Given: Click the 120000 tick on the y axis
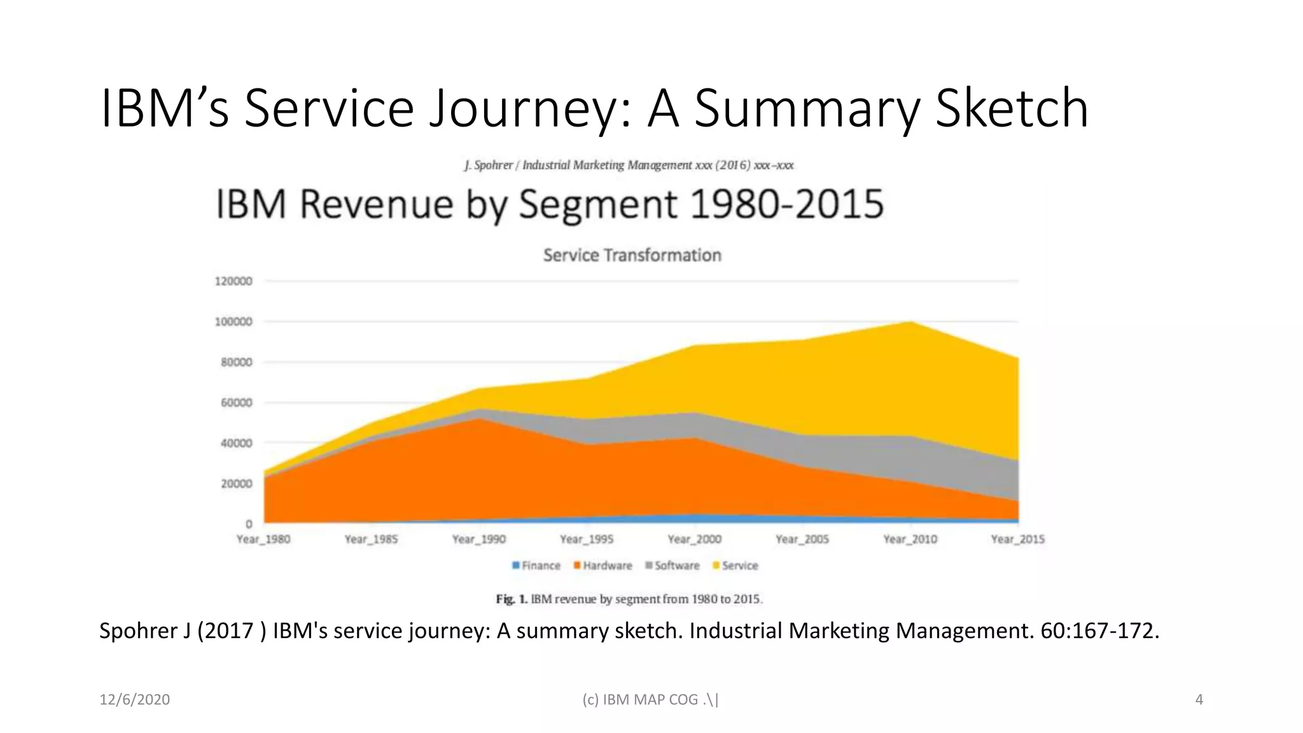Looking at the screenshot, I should click(233, 281).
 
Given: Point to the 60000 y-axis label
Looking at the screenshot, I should click(236, 403).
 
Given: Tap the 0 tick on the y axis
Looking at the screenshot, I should click(249, 524).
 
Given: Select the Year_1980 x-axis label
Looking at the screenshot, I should click(263, 540).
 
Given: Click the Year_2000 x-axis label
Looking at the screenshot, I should click(694, 540).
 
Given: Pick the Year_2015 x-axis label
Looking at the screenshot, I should click(1017, 540).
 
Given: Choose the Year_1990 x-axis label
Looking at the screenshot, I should click(478, 540).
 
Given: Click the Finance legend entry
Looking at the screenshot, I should click(536, 566).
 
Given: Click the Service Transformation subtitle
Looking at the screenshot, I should click(632, 255).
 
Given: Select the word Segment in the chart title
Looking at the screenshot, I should click(598, 205).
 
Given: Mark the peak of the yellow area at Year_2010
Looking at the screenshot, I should click(910, 323).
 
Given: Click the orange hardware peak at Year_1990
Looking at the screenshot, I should click(478, 420).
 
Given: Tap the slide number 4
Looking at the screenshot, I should click(1199, 700).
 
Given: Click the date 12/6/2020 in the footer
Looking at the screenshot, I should click(134, 700).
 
